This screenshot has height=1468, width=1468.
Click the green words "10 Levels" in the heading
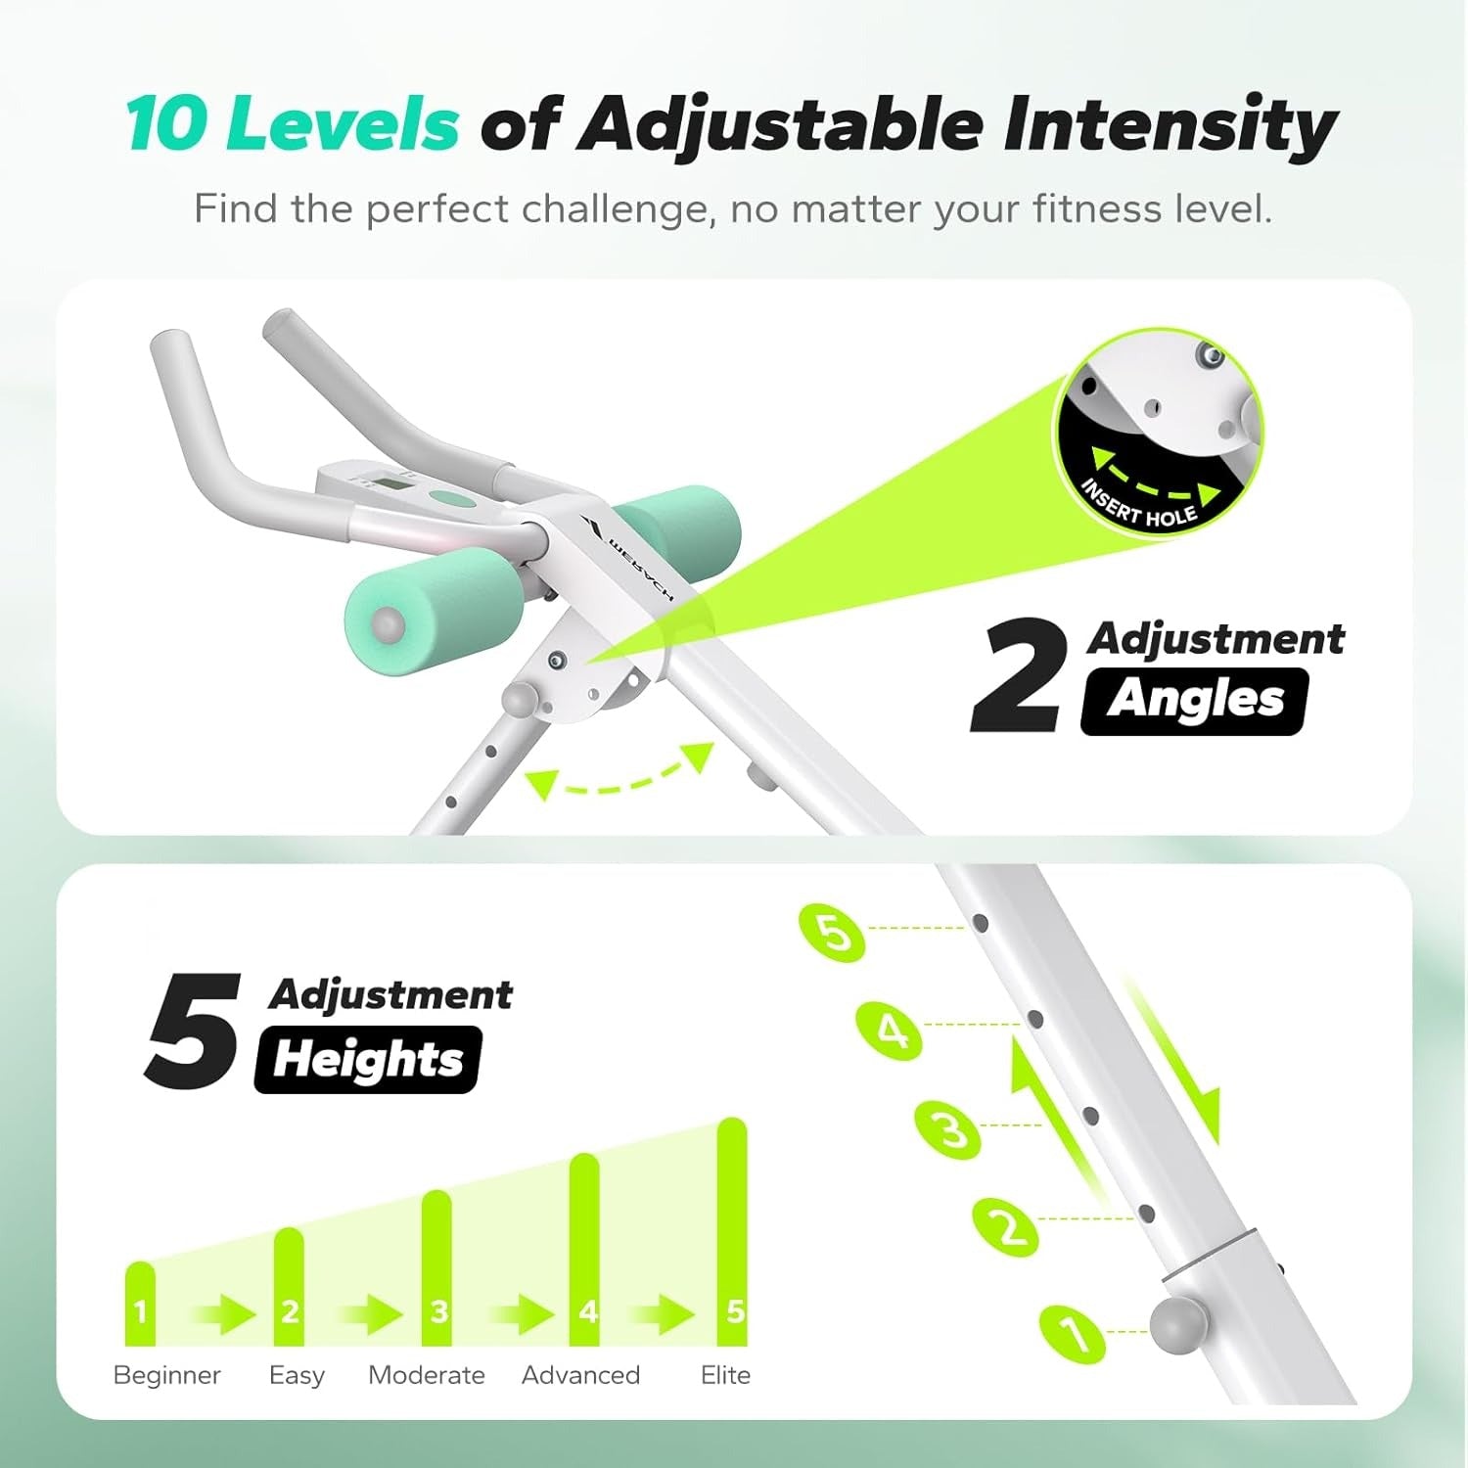pyautogui.click(x=292, y=124)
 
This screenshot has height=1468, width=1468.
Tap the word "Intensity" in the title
pyautogui.click(x=1170, y=126)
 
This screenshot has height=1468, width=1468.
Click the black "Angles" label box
pyautogui.click(x=1194, y=701)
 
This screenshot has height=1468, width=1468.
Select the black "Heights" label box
pyautogui.click(x=368, y=1059)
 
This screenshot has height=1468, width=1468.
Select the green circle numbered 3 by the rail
pyautogui.click(x=948, y=1129)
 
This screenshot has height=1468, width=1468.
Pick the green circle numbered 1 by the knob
pyautogui.click(x=1073, y=1333)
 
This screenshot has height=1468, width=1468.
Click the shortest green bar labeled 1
pyautogui.click(x=141, y=1304)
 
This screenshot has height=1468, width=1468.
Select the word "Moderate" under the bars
pyautogui.click(x=427, y=1375)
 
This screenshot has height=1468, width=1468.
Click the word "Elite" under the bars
pyautogui.click(x=726, y=1375)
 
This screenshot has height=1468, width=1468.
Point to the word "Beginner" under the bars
pyautogui.click(x=167, y=1376)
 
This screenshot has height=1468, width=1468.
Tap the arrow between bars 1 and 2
pyautogui.click(x=224, y=1314)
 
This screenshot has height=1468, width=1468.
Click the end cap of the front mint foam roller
pyautogui.click(x=387, y=623)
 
